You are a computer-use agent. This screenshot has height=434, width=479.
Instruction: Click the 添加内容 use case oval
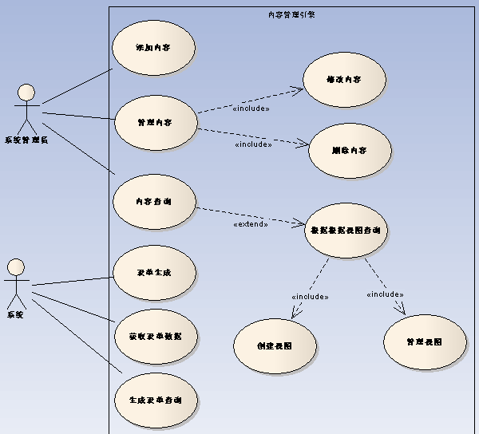153,48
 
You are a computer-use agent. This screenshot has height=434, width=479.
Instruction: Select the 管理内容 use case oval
155,123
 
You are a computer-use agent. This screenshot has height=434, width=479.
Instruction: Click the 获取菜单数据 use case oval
155,336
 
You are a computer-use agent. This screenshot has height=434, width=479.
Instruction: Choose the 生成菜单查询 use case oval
155,399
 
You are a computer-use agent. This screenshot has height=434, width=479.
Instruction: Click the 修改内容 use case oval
344,81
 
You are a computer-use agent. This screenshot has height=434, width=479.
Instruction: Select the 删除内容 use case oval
349,150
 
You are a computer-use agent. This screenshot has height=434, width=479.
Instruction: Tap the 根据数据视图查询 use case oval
346,230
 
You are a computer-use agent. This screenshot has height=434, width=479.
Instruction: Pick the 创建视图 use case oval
275,346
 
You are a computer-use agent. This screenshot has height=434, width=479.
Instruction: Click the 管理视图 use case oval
424,341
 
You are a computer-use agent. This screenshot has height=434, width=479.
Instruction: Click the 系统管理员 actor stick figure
28,107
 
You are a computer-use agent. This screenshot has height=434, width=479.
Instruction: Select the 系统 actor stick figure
16,282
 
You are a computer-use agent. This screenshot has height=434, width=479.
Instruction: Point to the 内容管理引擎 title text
291,14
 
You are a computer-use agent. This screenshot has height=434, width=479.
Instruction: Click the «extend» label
250,224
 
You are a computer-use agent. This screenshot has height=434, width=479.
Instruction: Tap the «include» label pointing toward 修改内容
251,108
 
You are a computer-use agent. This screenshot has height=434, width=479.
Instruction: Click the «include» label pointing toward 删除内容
253,144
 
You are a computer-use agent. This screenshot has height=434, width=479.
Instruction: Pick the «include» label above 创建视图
310,297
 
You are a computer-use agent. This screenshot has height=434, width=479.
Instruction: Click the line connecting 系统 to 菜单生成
72,281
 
